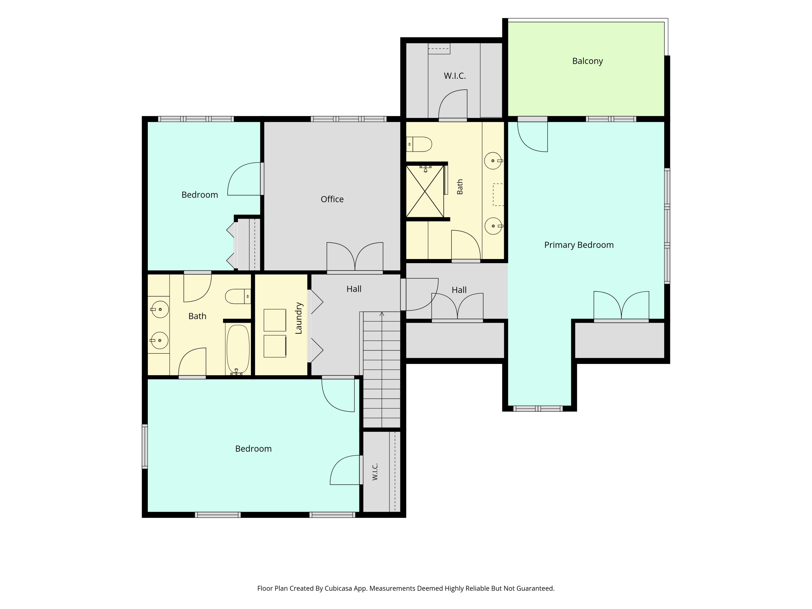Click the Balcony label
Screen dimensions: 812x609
(x=587, y=61)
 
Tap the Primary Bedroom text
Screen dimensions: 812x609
(x=579, y=245)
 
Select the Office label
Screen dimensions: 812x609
(x=332, y=199)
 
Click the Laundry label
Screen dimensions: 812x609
(x=299, y=318)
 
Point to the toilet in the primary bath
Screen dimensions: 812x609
(x=419, y=144)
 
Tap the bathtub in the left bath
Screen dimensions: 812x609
(x=238, y=349)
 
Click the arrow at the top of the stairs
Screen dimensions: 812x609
(x=382, y=314)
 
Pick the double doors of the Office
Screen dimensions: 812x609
(x=355, y=257)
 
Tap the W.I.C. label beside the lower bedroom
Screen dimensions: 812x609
(x=375, y=472)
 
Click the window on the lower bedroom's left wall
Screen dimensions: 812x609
(x=145, y=446)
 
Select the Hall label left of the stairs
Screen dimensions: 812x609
(x=354, y=289)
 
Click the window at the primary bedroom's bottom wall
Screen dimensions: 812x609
(x=538, y=408)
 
